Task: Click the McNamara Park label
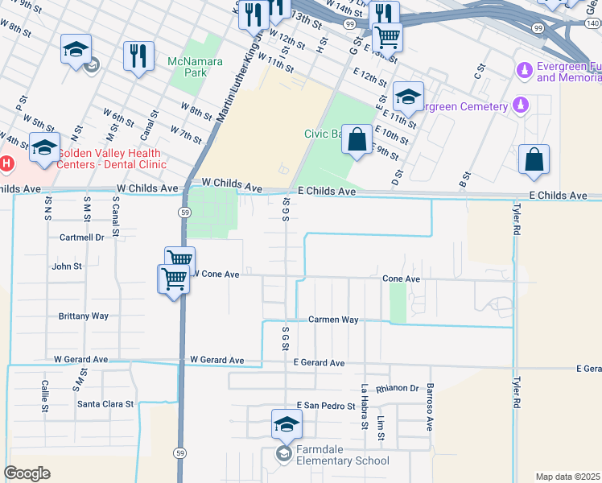(x=187, y=67)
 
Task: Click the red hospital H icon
(x=6, y=164)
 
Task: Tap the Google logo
(x=27, y=473)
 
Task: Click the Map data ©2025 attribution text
(x=568, y=477)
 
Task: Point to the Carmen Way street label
(x=333, y=320)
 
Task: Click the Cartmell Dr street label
(x=82, y=237)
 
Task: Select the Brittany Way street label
(x=83, y=316)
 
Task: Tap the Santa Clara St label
(x=105, y=403)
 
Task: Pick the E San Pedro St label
(x=325, y=406)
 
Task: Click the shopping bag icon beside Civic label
(x=357, y=140)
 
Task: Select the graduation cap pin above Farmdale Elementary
(x=286, y=423)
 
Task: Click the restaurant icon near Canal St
(x=138, y=56)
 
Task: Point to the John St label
(x=67, y=266)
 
